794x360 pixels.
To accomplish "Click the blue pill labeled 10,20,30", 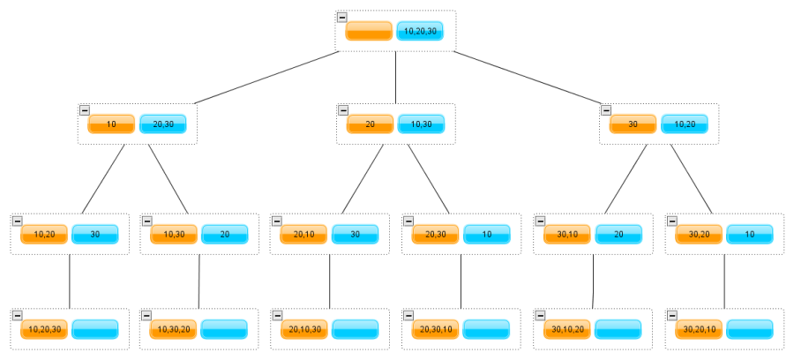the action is pos(420,31).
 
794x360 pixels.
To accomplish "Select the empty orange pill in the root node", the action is pos(369,31).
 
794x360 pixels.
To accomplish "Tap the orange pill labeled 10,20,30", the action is pos(44,329).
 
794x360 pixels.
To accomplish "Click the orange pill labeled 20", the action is pos(371,124).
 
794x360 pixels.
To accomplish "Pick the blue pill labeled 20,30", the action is pos(163,124).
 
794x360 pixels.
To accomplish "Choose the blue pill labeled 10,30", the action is pos(422,124).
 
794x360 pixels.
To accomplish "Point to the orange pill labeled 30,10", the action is pos(567,235).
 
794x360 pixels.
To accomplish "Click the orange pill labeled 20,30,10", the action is pos(436,329).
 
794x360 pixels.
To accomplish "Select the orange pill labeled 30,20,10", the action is pos(699,329).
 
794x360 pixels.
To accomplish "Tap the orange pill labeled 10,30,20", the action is pos(173,329).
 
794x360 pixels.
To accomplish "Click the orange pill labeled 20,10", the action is pos(303,235).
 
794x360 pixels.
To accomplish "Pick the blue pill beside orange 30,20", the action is pos(750,235).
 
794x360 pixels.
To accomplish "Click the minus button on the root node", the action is pos(342,18).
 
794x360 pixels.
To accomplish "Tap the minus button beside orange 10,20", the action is pos(18,221).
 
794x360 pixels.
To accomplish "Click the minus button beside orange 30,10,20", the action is pos(540,316).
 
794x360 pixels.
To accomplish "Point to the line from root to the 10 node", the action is pos(266,78).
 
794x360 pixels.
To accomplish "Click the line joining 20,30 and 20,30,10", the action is pos(461,281).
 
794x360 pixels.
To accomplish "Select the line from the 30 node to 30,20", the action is pos(691,179).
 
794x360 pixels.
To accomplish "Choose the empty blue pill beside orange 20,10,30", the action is pos(355,329).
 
